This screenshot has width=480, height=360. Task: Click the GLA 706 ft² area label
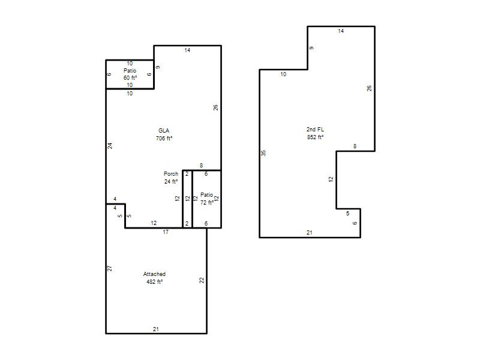pos(164,134)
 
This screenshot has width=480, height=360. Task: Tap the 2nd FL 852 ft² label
pos(316,133)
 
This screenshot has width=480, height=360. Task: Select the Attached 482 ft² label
pos(154,278)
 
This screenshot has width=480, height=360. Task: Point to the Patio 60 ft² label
pos(130,74)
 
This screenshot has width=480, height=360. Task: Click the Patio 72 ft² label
pos(207,199)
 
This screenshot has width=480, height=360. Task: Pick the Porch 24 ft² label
pos(171,178)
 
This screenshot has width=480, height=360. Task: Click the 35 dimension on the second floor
pos(263,153)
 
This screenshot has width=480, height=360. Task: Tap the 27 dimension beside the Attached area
pos(110,268)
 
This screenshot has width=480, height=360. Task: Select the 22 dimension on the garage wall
pos(202,280)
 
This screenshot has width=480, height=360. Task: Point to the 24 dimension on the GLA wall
pos(110,146)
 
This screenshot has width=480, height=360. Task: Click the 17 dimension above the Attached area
pos(166,232)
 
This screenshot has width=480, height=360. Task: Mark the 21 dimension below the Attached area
pos(156,329)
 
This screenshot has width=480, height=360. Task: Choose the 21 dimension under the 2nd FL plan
pos(310,233)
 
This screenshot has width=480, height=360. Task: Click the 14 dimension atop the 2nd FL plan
pos(341,31)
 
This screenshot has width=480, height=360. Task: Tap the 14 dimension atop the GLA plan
pos(187,50)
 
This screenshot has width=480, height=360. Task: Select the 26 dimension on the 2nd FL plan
pos(370,88)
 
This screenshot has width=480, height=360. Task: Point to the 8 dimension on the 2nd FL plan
pos(355,146)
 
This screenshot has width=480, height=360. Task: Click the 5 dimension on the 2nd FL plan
pos(347,214)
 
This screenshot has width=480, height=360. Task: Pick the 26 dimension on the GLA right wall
pos(216,107)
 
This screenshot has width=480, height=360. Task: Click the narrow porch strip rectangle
pos(187,199)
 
